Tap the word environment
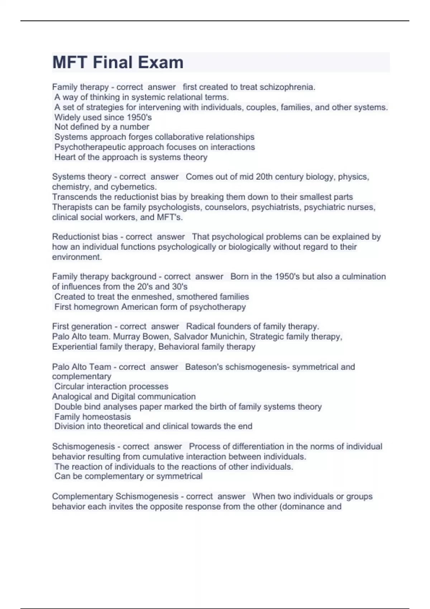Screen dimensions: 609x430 [x=77, y=257]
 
